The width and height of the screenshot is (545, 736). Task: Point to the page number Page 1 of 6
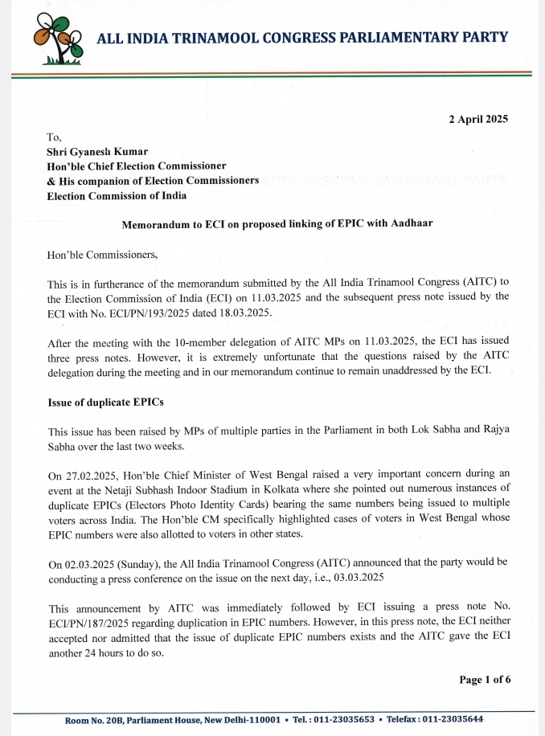(484, 679)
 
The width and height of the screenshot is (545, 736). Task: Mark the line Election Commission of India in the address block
(117, 195)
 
